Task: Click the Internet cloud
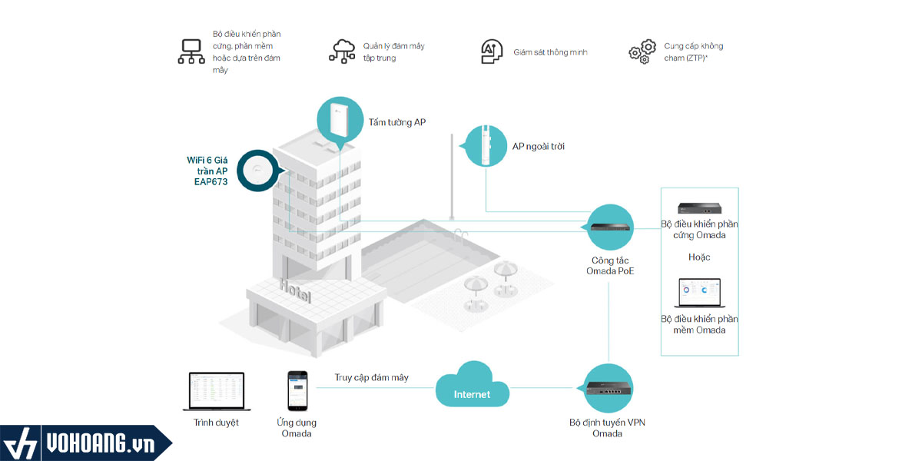click(472, 391)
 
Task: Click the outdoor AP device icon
click(486, 144)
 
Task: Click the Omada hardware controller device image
click(699, 208)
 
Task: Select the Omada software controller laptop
click(699, 294)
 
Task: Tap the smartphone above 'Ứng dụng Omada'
click(297, 390)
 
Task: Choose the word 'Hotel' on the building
click(296, 291)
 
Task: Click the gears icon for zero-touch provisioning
click(642, 51)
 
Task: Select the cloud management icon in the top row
click(342, 51)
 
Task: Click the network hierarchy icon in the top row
click(191, 51)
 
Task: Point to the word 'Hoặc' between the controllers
click(699, 257)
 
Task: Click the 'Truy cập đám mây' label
click(371, 377)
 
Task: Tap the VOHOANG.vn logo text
click(99, 444)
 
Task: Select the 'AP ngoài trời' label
click(539, 146)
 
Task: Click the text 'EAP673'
click(211, 182)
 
